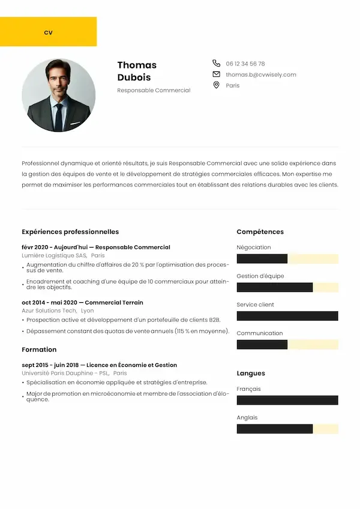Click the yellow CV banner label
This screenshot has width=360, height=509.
coord(48,32)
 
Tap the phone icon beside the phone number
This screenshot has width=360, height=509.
coord(216,63)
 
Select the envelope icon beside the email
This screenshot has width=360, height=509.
coord(216,74)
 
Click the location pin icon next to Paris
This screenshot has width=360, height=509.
coord(216,85)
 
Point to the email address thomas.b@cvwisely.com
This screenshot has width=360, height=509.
coord(261,74)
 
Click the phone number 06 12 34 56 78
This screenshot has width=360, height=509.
coord(245,64)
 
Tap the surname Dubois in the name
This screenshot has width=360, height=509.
coord(134,77)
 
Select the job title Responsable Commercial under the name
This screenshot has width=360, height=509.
coord(154,91)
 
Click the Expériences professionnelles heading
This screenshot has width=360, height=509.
coord(70,231)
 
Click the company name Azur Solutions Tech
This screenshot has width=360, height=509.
coord(49,311)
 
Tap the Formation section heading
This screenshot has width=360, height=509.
coord(39,350)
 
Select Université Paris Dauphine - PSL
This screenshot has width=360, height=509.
coord(65,373)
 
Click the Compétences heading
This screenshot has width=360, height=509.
coord(260,231)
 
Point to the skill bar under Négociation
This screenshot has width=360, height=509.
coord(287,259)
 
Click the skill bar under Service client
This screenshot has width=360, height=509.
coord(287,316)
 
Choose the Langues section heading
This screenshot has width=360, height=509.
coord(251,373)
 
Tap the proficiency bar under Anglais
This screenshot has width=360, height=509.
coord(287,429)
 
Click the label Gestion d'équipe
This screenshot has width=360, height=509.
coord(260,276)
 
